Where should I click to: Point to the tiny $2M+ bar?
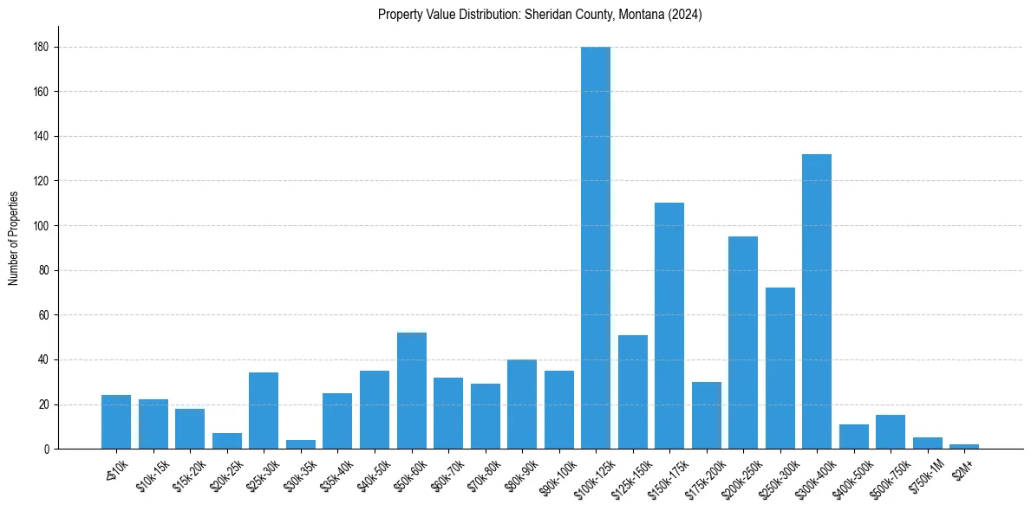click(964, 447)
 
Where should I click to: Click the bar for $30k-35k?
click(301, 445)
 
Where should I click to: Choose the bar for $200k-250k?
click(743, 342)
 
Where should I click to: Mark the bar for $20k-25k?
click(227, 441)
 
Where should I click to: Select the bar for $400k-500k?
click(854, 437)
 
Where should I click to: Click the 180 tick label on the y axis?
click(40, 47)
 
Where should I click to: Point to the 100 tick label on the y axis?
click(40, 226)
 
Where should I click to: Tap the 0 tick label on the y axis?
click(45, 450)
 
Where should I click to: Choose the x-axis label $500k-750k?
click(889, 472)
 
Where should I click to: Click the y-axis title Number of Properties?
click(13, 237)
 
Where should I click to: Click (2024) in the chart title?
click(685, 15)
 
